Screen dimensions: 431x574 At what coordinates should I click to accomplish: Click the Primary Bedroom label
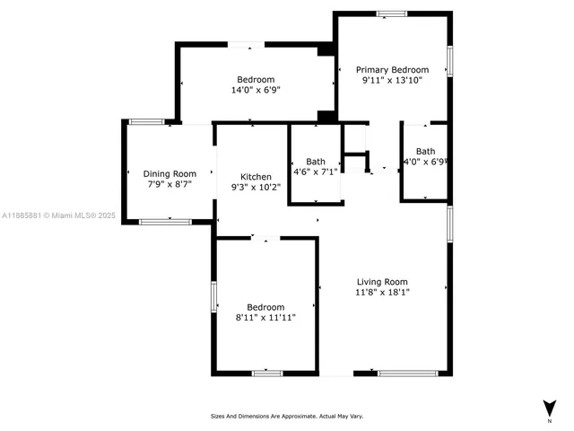(392, 69)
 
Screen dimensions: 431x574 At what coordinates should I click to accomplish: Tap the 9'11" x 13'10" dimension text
(392, 80)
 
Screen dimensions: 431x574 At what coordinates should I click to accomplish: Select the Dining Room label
(170, 173)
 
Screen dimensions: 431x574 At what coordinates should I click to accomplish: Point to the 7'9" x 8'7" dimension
(170, 184)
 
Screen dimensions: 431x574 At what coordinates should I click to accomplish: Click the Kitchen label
(256, 176)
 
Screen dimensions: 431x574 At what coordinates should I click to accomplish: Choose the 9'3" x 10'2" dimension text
(256, 187)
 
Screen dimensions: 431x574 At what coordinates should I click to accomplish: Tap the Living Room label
(382, 281)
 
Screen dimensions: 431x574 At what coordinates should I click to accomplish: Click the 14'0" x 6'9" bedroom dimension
(256, 90)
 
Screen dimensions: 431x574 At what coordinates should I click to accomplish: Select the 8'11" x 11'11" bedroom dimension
(265, 317)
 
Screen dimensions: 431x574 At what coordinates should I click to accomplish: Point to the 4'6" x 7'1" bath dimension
(315, 172)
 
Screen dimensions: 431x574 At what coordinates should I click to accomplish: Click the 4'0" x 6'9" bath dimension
(425, 163)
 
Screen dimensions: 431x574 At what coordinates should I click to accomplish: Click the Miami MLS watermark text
(58, 215)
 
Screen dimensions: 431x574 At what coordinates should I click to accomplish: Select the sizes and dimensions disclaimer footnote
(286, 416)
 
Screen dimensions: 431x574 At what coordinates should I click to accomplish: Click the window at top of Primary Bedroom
(391, 13)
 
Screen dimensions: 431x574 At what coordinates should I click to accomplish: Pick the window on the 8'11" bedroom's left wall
(213, 296)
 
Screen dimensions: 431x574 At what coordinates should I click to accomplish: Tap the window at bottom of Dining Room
(165, 221)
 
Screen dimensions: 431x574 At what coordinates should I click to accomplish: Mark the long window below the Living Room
(408, 373)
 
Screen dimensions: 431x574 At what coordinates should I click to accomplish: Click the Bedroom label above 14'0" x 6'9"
(256, 79)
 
